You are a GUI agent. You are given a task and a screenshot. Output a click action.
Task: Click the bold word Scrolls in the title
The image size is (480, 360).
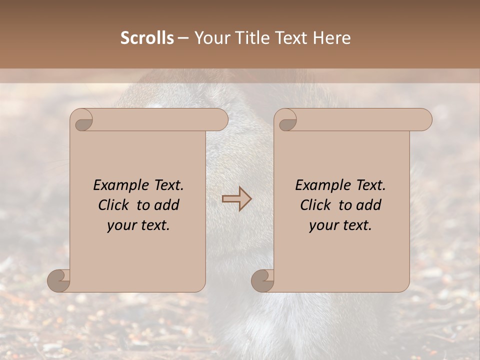coord(147,38)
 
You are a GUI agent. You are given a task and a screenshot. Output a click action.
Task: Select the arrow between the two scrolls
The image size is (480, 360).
coord(237,199)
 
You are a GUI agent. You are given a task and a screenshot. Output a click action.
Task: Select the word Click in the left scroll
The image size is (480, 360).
coord(114,205)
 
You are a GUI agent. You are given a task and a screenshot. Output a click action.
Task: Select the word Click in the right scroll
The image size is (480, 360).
coord(316,205)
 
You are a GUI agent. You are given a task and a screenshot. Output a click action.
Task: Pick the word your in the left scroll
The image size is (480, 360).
coord(120,226)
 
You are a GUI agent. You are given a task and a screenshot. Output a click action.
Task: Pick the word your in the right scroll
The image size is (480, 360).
coord(322,226)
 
